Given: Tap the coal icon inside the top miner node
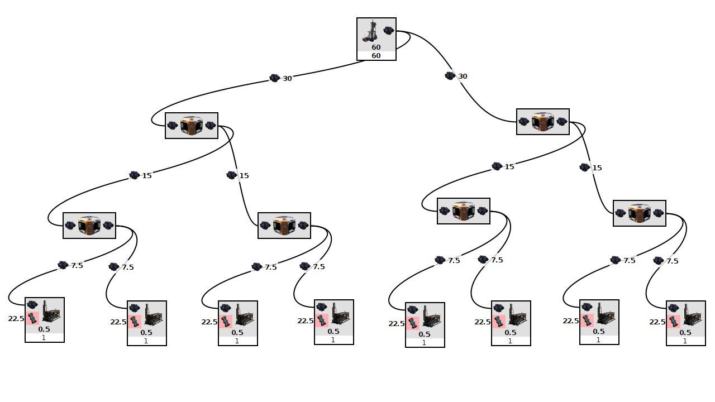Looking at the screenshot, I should tap(389, 31).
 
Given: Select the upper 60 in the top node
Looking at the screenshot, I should tap(376, 47).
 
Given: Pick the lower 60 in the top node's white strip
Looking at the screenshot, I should tap(376, 56).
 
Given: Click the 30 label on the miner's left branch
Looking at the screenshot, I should tap(287, 79).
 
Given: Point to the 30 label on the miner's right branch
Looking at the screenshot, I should tap(463, 76).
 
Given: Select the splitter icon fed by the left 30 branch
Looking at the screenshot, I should tap(192, 126).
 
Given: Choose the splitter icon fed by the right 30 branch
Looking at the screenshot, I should tap(543, 122).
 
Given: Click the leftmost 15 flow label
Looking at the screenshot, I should tap(147, 176).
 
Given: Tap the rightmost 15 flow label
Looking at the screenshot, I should tap(597, 168).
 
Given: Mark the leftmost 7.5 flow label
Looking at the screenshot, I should tap(77, 266).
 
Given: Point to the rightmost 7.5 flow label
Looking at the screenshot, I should tap(673, 261).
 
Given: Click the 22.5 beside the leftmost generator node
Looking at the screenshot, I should tap(16, 319).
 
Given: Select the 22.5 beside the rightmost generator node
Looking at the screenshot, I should tap(657, 322).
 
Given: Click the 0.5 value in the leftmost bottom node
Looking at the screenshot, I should tap(44, 329).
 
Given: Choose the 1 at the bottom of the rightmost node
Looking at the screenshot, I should tap(685, 341).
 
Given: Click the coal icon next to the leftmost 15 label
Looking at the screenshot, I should tap(134, 175).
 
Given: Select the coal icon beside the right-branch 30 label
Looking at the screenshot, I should tap(450, 76).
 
